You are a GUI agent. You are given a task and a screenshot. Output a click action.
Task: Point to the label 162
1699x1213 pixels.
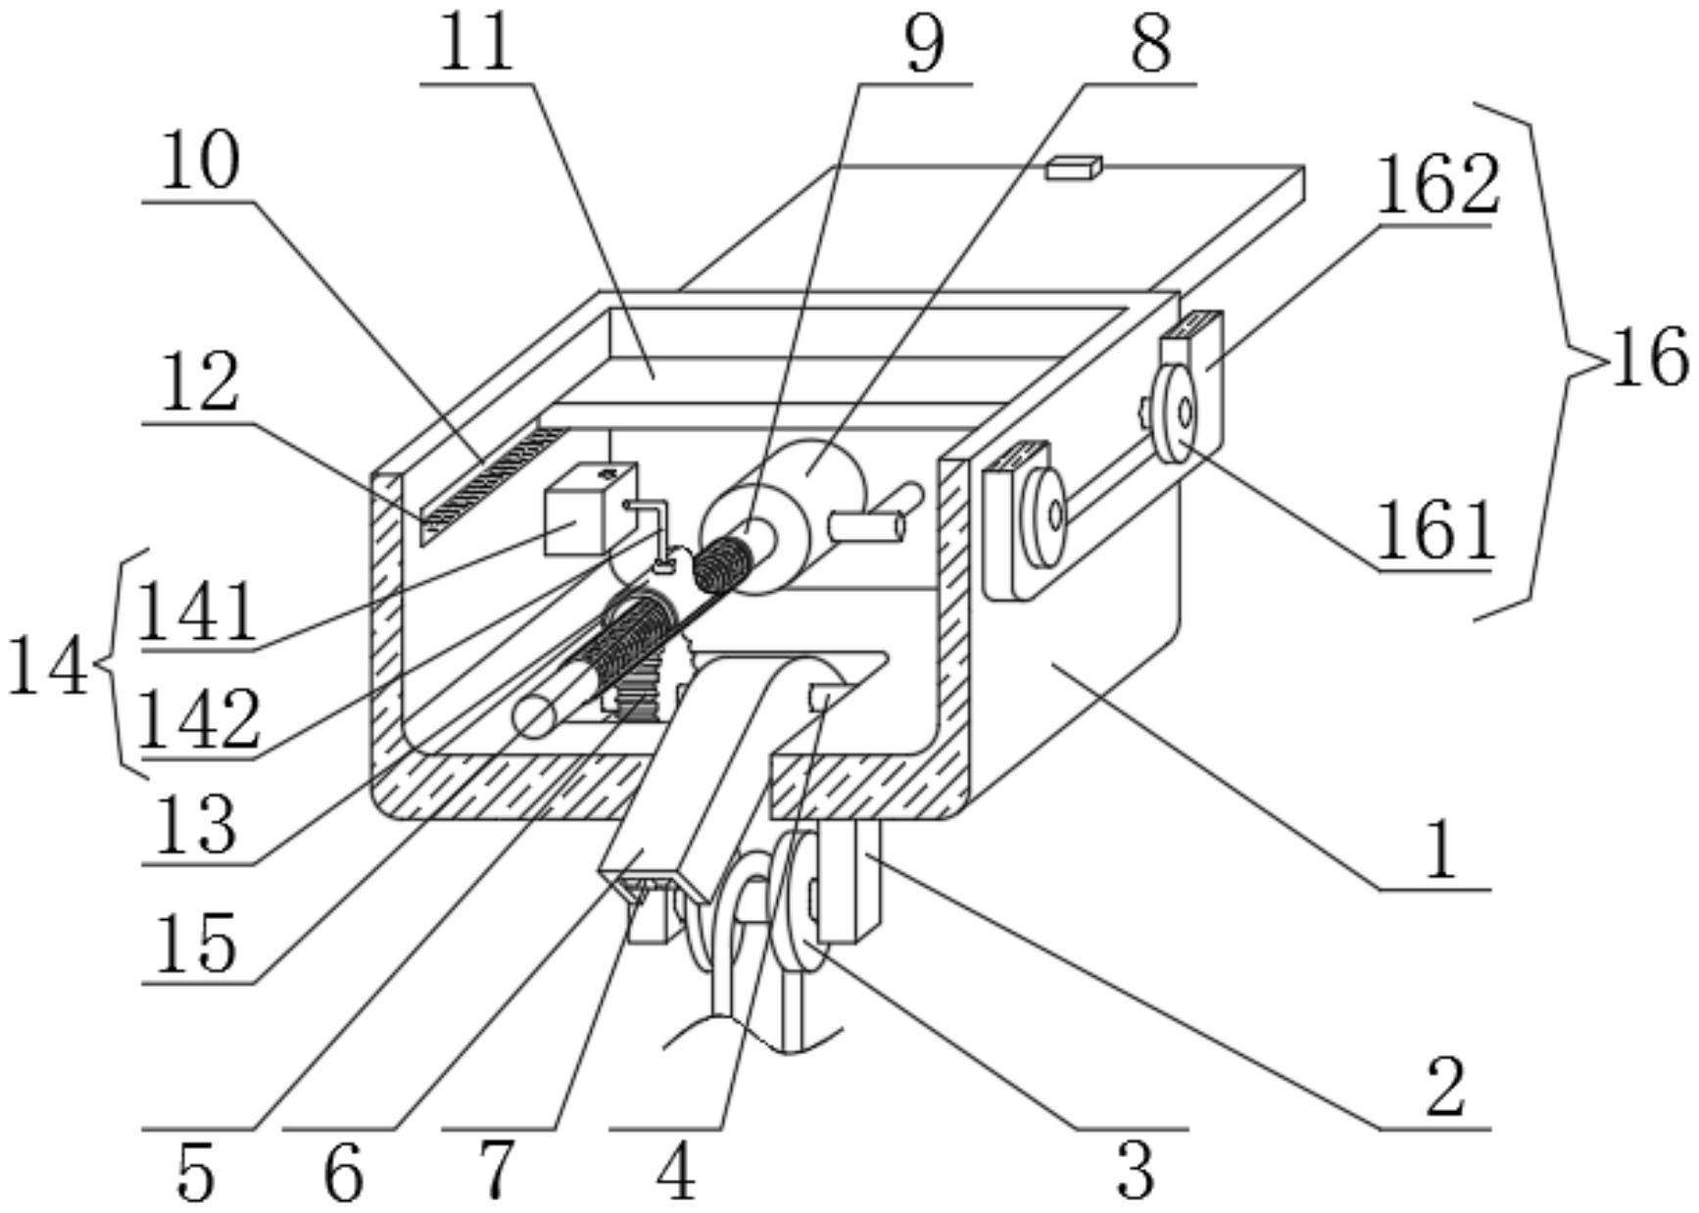[x=1437, y=184]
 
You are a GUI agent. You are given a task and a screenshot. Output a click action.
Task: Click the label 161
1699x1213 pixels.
[x=1435, y=529]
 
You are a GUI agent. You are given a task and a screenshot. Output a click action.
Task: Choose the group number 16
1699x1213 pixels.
[x=1650, y=358]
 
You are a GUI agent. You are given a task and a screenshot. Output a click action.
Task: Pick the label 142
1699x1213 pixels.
[x=199, y=719]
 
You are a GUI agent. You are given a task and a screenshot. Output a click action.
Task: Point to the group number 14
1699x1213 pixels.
[x=47, y=668]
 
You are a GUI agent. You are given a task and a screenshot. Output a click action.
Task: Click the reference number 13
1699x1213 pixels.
[x=196, y=823]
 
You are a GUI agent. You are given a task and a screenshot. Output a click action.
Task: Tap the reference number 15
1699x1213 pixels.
[x=196, y=943]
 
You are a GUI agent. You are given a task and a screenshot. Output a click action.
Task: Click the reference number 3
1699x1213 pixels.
[x=1136, y=1170]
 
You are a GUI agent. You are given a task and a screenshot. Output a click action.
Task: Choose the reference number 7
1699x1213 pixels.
[x=496, y=1170]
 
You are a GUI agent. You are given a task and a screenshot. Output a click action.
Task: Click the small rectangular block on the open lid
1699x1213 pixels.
[x=1074, y=168]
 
